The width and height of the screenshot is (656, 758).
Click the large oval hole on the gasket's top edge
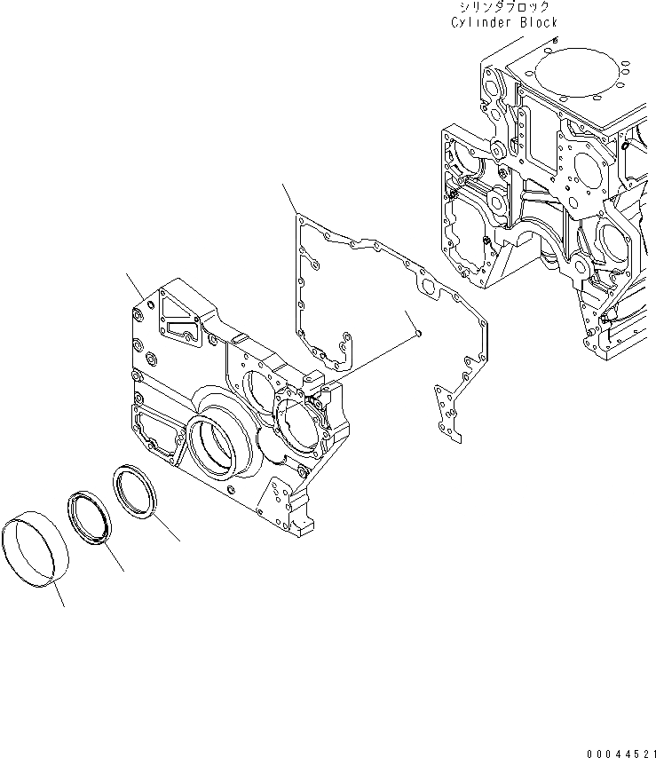pos(428,287)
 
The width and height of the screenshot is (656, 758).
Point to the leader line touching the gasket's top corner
pos(290,198)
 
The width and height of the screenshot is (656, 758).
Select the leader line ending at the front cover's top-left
pos(135,286)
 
